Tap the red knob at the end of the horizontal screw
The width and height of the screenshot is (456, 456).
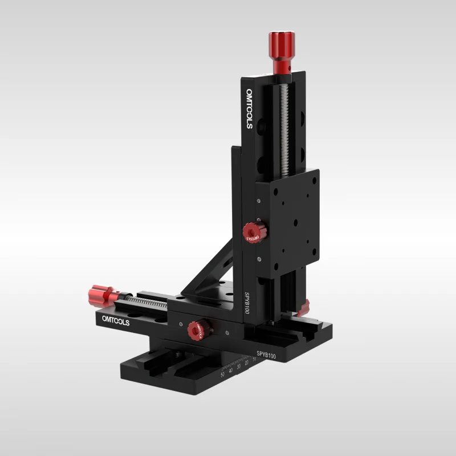point(99,295)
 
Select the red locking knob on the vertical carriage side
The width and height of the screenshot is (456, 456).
point(251,233)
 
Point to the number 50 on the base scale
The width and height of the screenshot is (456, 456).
point(222,374)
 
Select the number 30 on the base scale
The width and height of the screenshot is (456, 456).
point(238,366)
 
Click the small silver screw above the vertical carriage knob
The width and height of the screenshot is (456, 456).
point(259,200)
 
